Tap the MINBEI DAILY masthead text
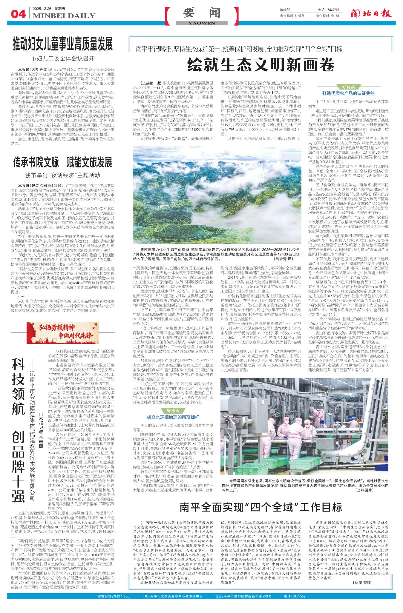(64, 16)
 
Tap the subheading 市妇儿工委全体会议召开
(62, 58)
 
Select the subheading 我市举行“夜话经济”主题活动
(62, 175)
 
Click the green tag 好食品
(348, 87)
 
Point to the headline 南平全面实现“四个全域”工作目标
(261, 507)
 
